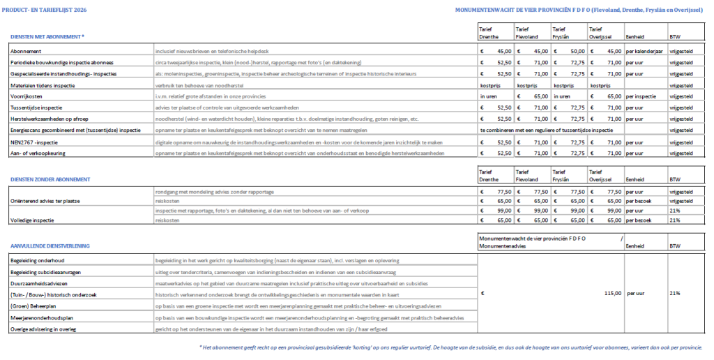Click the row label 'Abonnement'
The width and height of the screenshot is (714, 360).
pyautogui.click(x=26, y=51)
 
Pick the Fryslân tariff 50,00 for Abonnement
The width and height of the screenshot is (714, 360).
pyautogui.click(x=576, y=51)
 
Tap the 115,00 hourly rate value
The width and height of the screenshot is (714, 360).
pyautogui.click(x=611, y=294)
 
